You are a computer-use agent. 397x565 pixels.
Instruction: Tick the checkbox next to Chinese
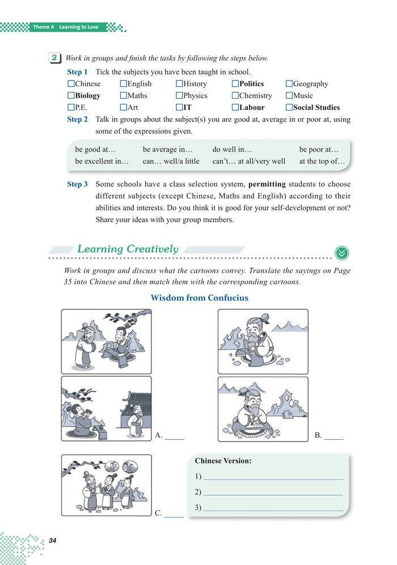click(x=70, y=84)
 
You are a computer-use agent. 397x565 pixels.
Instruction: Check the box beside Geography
click(x=289, y=84)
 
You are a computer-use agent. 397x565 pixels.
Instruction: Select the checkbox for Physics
click(x=179, y=96)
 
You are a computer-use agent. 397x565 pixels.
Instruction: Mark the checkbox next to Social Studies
click(x=289, y=107)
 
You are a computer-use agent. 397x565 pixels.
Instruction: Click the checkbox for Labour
click(x=235, y=107)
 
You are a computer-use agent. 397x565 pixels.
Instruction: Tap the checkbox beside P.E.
click(x=70, y=107)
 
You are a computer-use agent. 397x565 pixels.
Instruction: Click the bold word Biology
click(x=88, y=96)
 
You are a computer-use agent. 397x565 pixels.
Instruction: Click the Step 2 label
click(x=77, y=120)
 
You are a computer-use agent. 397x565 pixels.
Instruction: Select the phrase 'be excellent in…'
click(x=102, y=161)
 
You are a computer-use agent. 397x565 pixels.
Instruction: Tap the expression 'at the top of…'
click(x=322, y=161)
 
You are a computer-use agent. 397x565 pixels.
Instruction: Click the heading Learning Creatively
click(x=127, y=249)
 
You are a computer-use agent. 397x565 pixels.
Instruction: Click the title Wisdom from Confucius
click(x=199, y=298)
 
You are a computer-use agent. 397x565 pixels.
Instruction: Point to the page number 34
click(x=53, y=539)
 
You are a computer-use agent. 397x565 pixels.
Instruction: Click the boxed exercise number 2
click(x=54, y=58)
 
